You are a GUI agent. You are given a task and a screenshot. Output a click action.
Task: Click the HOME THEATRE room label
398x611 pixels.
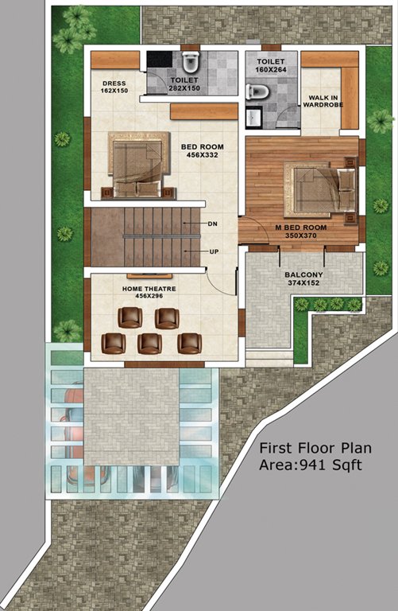[149, 288]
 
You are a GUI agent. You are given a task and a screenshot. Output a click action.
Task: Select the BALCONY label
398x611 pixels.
[303, 276]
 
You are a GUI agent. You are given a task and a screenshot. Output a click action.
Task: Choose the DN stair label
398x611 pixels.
[212, 224]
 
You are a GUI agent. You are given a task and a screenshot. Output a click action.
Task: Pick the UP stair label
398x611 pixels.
[214, 251]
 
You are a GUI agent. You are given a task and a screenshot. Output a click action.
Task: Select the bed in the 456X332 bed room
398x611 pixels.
[137, 164]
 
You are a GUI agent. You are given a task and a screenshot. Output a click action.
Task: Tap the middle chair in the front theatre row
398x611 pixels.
[149, 343]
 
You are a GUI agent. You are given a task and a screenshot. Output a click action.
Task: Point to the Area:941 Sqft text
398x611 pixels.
[311, 464]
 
